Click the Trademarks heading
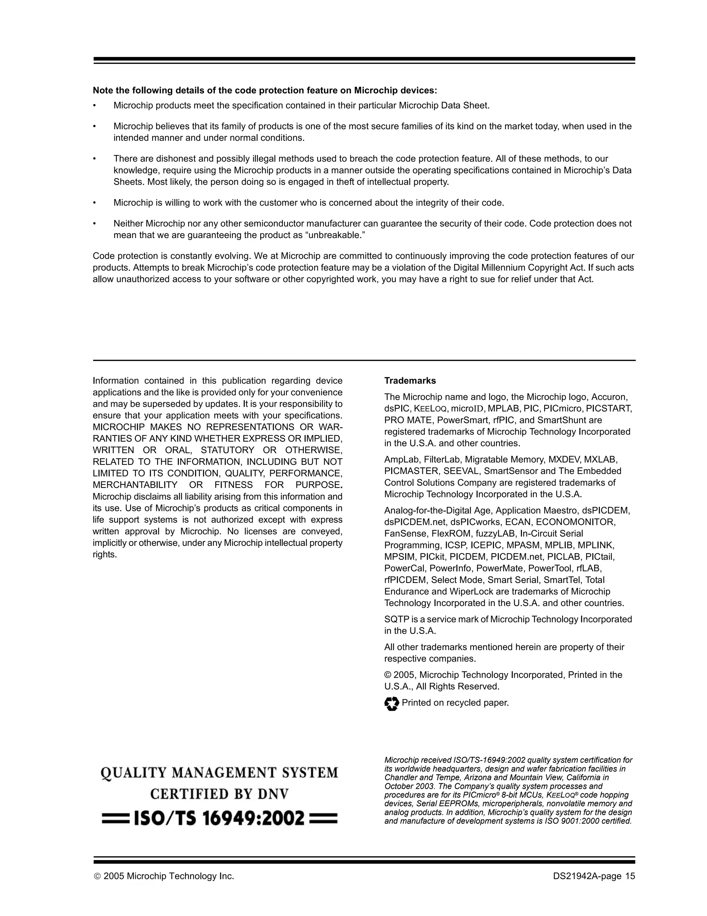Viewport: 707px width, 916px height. click(x=410, y=380)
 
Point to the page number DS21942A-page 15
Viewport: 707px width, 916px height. click(x=593, y=876)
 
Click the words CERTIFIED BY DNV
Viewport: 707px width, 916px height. click(x=220, y=794)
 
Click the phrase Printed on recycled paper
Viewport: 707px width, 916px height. click(x=455, y=702)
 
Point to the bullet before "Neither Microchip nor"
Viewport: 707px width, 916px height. click(x=95, y=224)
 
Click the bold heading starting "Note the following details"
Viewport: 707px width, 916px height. click(x=264, y=90)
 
